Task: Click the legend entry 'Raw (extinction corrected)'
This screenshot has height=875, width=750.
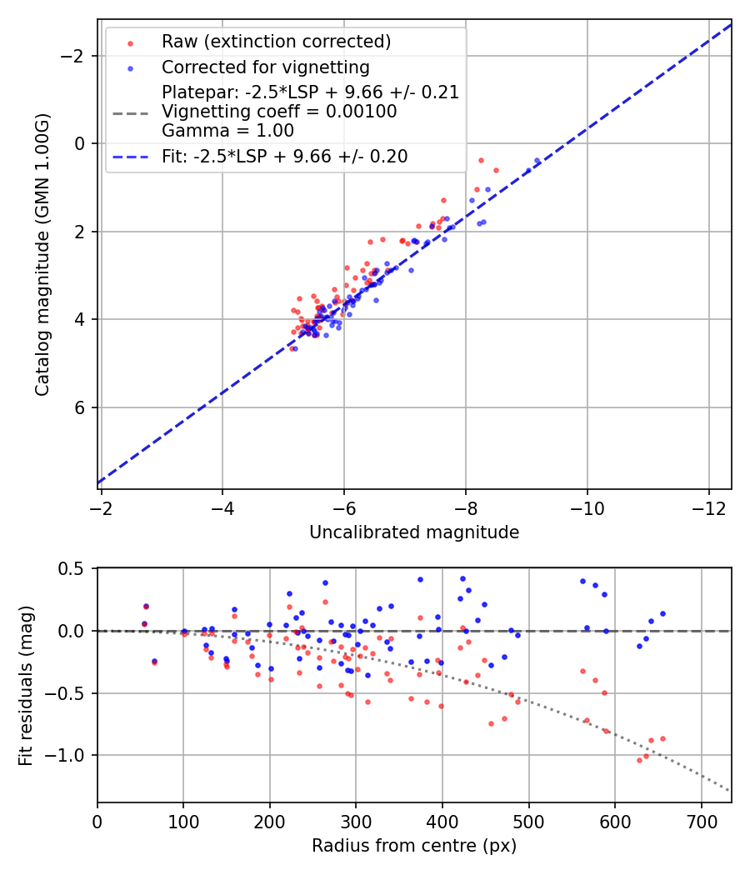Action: (x=276, y=42)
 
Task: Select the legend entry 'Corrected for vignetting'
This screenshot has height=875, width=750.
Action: (x=265, y=67)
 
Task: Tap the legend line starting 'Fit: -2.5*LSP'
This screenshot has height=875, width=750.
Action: (x=284, y=157)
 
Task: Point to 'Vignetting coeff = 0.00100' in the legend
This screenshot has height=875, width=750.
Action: (x=279, y=112)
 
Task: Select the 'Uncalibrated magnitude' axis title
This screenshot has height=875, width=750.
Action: (x=414, y=532)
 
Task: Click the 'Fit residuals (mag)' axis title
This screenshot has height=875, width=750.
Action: (x=26, y=684)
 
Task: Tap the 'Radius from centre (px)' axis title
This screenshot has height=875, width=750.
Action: (x=414, y=846)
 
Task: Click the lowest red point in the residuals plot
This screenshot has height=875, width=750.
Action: (x=639, y=760)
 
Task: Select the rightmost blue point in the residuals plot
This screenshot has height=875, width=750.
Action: (x=662, y=613)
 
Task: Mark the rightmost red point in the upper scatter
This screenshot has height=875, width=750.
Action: (x=496, y=170)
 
